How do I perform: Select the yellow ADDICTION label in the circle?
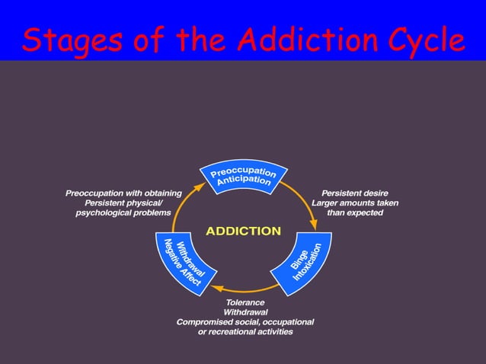click(x=244, y=231)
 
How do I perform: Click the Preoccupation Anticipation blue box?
click(x=244, y=176)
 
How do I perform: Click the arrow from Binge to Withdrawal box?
click(x=244, y=290)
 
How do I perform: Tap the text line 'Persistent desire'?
click(x=355, y=193)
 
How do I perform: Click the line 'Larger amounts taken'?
click(x=355, y=203)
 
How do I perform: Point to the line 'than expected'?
click(x=355, y=213)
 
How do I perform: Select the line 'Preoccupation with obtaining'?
click(x=123, y=193)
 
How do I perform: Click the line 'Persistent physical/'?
click(x=123, y=203)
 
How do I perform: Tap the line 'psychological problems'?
click(x=123, y=213)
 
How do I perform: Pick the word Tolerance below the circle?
click(x=245, y=302)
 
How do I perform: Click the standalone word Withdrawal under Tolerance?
click(x=245, y=312)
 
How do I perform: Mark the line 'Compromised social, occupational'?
click(x=245, y=322)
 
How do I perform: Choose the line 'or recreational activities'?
click(x=245, y=332)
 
